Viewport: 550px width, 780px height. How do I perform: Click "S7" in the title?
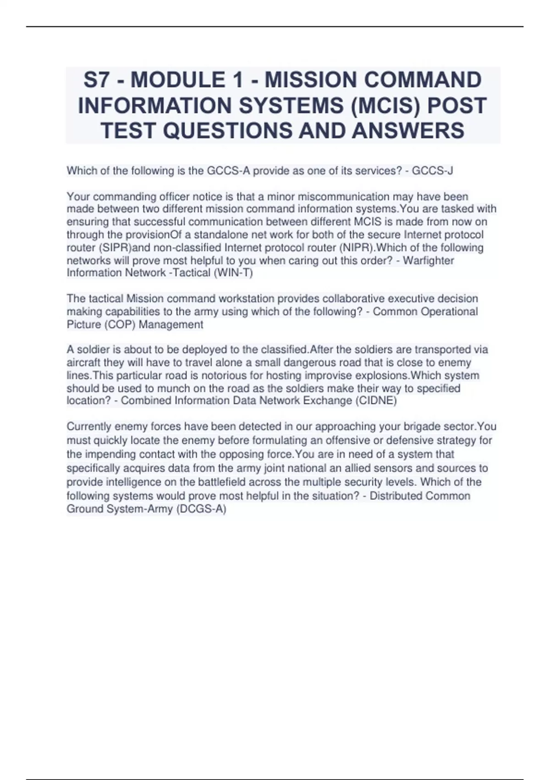(98, 80)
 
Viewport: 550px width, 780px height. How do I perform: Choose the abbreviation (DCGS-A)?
(201, 509)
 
